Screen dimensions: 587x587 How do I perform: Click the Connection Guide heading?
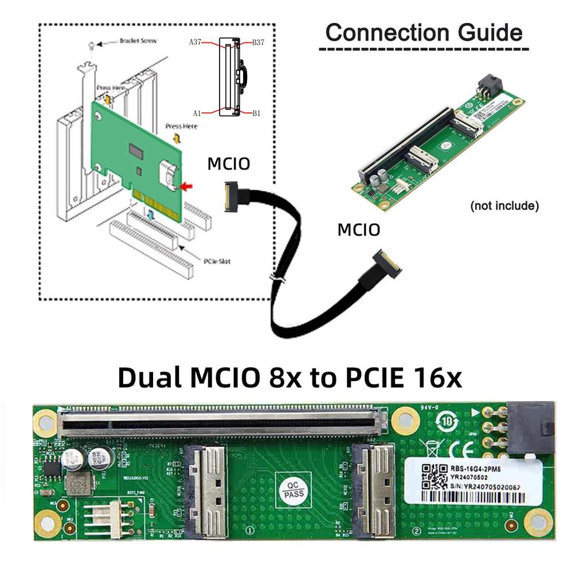click(424, 33)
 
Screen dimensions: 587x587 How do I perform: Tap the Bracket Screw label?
click(138, 41)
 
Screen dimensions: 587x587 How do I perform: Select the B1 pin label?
click(256, 114)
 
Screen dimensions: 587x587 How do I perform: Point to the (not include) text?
click(504, 206)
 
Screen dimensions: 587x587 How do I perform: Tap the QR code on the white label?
click(433, 476)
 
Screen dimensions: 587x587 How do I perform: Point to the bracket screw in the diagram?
click(91, 45)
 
